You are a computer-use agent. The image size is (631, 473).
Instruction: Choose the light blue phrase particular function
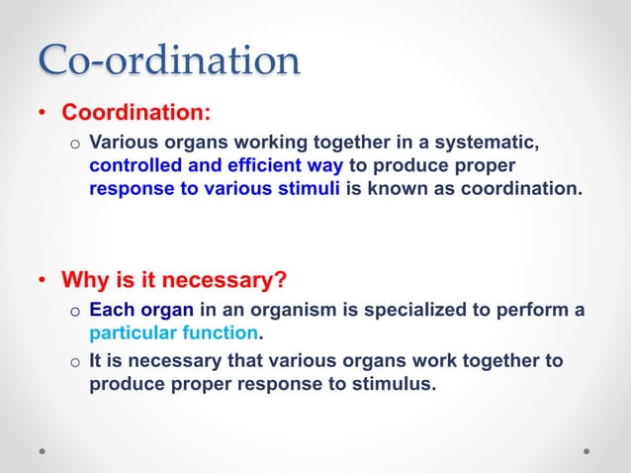tap(173, 331)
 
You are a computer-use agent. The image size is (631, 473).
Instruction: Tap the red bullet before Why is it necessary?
tap(44, 281)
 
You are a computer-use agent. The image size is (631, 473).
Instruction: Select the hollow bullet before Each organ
tap(73, 311)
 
